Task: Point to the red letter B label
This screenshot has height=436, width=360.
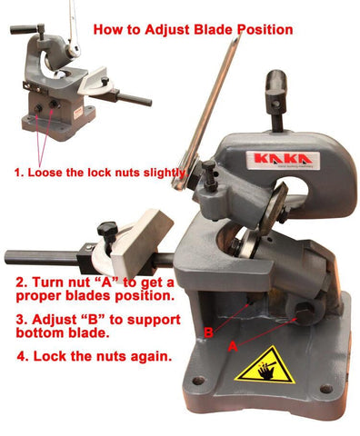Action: (x=209, y=333)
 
